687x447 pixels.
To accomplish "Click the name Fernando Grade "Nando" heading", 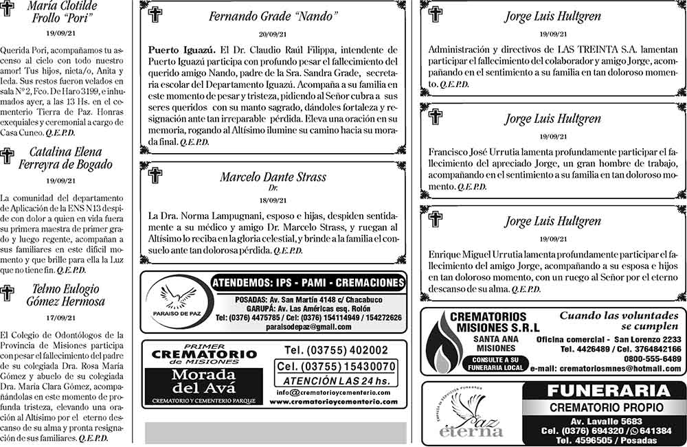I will click(273, 16).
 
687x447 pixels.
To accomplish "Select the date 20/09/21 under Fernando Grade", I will click(273, 34).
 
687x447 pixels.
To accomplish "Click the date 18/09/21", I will click(273, 200).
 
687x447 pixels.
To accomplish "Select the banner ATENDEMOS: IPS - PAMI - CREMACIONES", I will click(308, 283).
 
